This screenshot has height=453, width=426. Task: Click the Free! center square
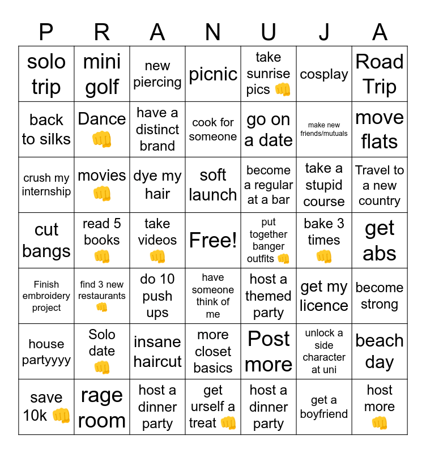point(213,241)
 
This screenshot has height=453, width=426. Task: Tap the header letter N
point(213,32)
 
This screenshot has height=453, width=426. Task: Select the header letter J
point(324,32)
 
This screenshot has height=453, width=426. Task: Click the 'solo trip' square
point(46,74)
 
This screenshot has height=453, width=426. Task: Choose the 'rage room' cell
point(102,407)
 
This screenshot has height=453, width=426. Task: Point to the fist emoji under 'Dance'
point(102,139)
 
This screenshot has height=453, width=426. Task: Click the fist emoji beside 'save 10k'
point(61,416)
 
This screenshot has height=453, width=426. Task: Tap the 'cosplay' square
point(324,74)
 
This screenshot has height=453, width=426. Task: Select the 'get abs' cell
point(380,241)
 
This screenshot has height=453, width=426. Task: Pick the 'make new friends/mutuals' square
point(324,130)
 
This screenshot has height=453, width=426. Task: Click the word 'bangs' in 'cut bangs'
point(46,251)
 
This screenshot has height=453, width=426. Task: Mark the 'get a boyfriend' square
point(324,407)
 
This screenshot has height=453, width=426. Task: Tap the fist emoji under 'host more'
point(380,423)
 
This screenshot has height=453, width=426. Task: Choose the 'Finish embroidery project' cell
point(46,296)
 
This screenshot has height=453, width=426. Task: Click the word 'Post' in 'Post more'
point(269,339)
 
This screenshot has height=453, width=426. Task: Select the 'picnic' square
point(213,74)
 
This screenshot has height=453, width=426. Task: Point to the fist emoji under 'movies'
point(102,194)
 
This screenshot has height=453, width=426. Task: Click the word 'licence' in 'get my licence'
point(324,306)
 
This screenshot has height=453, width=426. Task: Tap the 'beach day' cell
point(380,352)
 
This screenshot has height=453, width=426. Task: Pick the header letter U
point(269,32)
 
